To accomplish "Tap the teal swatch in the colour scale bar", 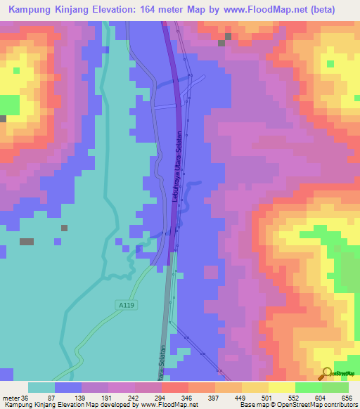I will (41, 388).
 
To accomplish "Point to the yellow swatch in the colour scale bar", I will (282, 388).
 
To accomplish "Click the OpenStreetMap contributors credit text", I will (314, 404).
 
